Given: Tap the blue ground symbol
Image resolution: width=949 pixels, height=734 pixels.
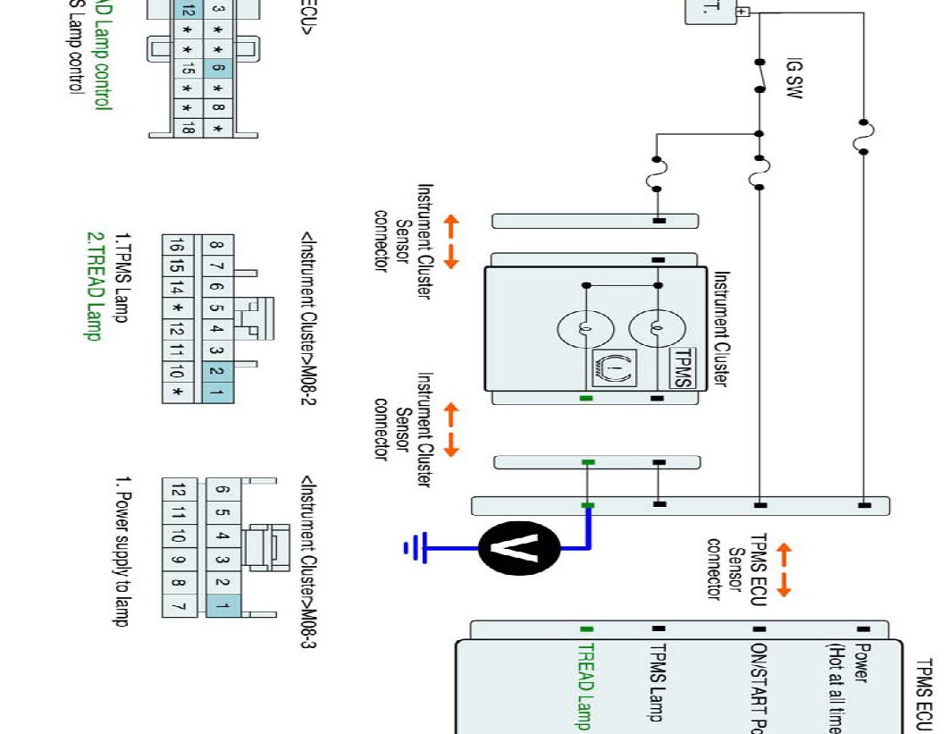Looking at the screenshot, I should click(x=413, y=545).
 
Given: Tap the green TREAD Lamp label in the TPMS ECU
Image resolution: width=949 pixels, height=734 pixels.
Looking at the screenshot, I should click(x=585, y=685).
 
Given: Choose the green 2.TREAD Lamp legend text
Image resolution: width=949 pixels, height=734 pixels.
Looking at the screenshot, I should click(x=94, y=286).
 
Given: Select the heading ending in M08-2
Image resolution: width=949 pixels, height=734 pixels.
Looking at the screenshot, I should click(x=309, y=317).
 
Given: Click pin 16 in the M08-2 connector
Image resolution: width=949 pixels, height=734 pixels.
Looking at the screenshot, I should click(x=177, y=246).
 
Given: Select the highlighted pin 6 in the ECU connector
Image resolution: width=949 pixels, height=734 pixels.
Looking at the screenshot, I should click(x=218, y=68).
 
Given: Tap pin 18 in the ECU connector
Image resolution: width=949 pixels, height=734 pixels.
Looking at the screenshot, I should click(x=187, y=129).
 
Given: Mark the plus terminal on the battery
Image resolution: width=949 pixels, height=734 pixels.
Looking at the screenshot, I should click(x=742, y=12).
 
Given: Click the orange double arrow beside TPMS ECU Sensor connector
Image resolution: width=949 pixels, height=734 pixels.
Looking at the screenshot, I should click(x=784, y=570).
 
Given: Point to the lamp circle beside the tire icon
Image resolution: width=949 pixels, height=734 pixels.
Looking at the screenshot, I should click(x=584, y=329).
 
